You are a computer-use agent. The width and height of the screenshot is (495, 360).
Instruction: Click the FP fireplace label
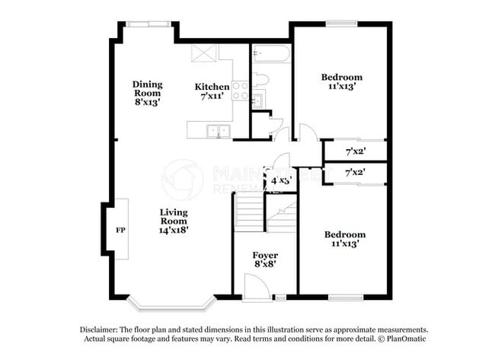[x=120, y=229]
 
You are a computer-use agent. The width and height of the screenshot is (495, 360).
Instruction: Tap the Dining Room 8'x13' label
[x=147, y=92]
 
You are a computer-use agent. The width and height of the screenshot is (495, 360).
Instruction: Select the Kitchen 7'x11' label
[x=212, y=91]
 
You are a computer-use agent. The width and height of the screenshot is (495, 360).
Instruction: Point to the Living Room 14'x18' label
[x=174, y=220]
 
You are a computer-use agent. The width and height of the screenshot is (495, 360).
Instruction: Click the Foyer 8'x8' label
[x=265, y=260]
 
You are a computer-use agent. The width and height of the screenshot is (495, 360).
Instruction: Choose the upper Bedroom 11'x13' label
[x=341, y=81]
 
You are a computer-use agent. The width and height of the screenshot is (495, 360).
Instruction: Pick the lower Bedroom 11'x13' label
[x=344, y=239]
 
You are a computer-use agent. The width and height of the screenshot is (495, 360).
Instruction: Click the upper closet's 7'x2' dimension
[x=356, y=151]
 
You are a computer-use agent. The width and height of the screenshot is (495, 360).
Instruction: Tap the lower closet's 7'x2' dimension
[x=356, y=173]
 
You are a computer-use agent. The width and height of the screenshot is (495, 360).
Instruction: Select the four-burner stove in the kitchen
[x=240, y=91]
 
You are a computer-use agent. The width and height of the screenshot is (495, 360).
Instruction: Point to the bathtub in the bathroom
[x=270, y=54]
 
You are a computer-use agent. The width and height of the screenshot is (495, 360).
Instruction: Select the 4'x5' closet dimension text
[x=281, y=181]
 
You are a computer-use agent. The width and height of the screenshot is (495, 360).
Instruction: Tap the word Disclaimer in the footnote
[x=100, y=329]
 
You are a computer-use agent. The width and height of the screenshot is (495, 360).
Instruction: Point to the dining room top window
[x=148, y=24]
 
